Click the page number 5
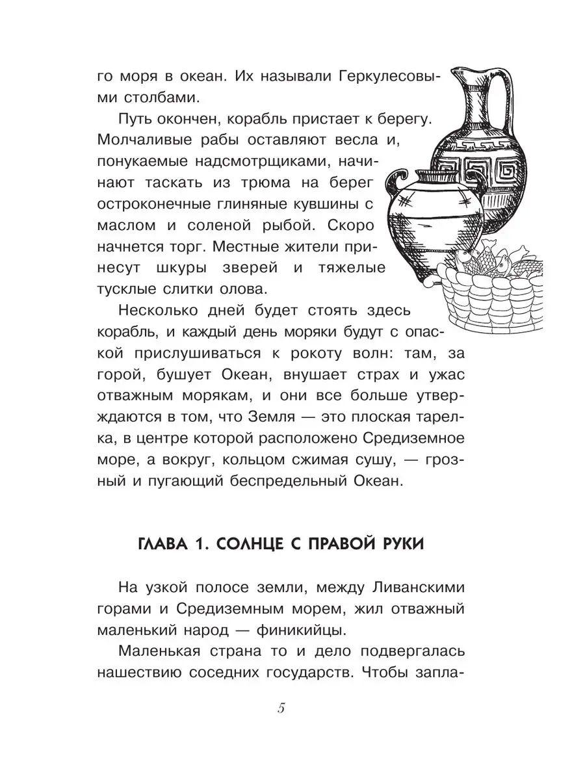[x=281, y=708]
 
